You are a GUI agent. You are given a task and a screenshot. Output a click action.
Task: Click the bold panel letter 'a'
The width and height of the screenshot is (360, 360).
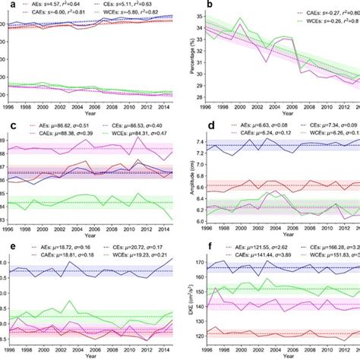click(x=4, y=4)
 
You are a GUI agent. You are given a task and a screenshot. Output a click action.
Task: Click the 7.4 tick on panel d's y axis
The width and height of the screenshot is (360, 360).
click(x=198, y=142)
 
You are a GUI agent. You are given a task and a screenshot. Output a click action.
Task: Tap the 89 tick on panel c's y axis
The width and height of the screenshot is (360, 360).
click(x=4, y=142)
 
